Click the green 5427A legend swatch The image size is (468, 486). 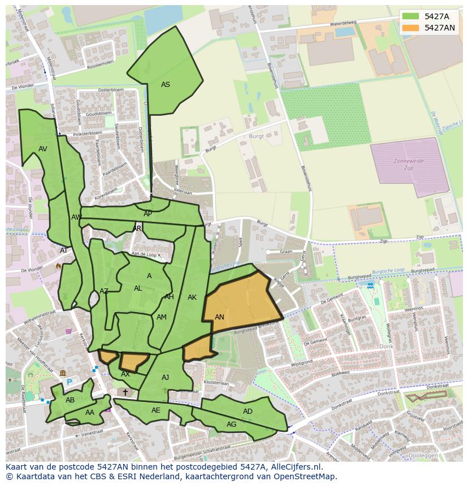411,16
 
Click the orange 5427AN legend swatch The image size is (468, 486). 411,28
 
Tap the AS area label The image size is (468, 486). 165,85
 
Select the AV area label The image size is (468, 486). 43,149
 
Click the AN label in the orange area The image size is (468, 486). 219,317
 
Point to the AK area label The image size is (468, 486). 192,297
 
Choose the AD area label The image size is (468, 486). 248,411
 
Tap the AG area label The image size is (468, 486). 231,424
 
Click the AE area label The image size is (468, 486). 156,410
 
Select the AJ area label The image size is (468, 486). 165,378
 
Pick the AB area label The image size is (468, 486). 70,400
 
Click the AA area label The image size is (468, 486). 90,413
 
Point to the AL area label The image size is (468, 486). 138,288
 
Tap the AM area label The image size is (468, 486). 162,317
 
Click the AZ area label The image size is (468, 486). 104,291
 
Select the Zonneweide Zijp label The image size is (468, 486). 409,164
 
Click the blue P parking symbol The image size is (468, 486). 70,382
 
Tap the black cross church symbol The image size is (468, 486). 125,392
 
